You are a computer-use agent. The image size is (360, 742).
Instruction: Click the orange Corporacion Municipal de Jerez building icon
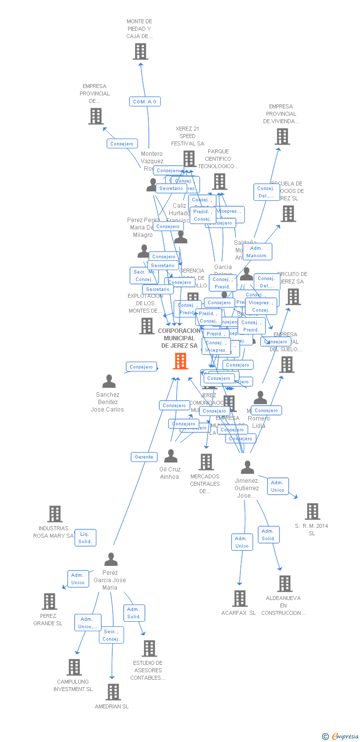[180, 361]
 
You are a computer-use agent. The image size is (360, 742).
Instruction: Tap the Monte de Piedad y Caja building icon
[140, 51]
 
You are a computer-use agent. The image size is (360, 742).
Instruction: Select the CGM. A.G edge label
[145, 101]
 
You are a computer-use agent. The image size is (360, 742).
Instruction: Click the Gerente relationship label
[144, 457]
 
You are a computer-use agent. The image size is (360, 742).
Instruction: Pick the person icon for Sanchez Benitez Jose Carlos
[109, 381]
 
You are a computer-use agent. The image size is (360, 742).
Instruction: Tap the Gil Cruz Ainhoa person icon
[171, 456]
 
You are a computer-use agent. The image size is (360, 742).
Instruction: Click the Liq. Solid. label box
[85, 538]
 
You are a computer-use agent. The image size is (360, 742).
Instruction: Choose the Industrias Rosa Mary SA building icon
[55, 514]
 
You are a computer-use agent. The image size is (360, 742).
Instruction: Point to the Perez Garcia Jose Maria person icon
[111, 559]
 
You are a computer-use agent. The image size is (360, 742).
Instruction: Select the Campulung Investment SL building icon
[74, 667]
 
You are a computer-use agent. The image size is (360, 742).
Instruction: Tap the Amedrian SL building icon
[113, 692]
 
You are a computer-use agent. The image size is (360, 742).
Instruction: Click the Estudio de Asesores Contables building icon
[149, 648]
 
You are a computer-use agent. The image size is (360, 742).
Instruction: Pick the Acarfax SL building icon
[240, 599]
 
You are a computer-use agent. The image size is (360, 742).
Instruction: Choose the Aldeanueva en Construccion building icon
[285, 584]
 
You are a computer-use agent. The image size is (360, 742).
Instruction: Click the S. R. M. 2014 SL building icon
[312, 511]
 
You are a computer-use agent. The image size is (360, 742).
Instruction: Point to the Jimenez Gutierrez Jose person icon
[247, 467]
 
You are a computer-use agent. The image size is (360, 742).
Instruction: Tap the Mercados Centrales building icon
[206, 462]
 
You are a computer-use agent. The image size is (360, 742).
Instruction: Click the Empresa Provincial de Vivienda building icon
[282, 137]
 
